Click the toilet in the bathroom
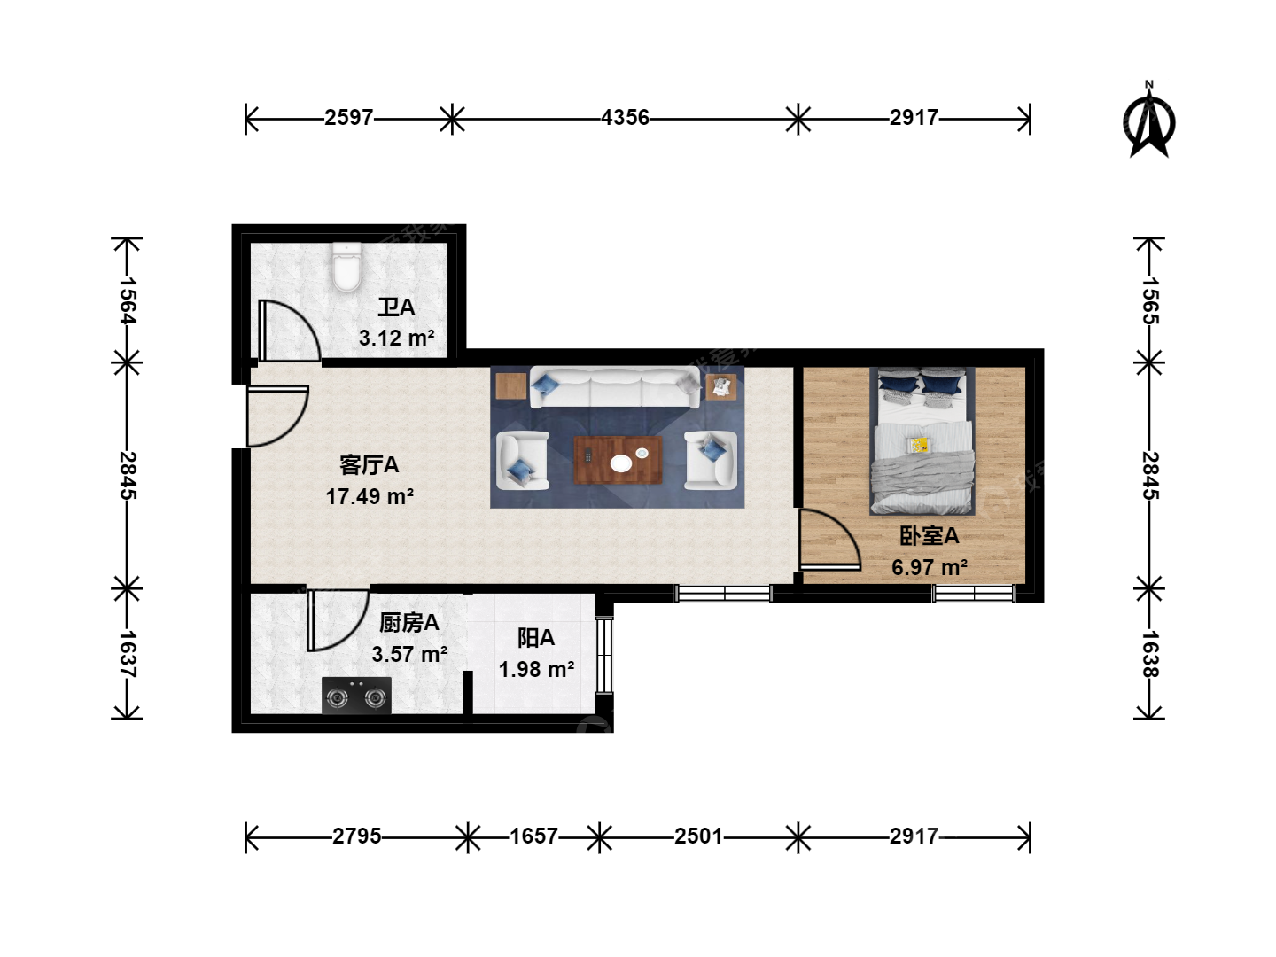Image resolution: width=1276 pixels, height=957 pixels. [x=346, y=268]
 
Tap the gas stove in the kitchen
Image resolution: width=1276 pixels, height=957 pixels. [x=356, y=695]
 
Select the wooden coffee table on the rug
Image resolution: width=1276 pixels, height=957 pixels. [x=618, y=460]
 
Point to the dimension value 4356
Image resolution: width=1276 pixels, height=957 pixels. [x=625, y=118]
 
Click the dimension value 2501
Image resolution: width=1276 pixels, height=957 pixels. [x=698, y=836]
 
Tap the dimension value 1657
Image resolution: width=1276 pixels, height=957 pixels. [x=533, y=836]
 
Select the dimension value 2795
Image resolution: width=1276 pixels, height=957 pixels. [x=357, y=836]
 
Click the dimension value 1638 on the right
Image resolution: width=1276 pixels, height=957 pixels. [x=1150, y=654]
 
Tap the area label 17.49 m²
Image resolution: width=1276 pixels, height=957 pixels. [x=370, y=497]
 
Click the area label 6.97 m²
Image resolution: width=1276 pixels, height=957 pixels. [x=930, y=567]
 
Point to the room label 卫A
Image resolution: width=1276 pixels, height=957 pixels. [x=396, y=307]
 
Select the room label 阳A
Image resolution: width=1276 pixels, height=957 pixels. [x=536, y=638]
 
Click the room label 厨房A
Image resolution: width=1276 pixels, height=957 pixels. [x=409, y=623]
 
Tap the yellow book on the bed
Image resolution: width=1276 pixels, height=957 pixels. [x=920, y=445]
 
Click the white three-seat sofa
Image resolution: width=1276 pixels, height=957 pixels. [x=616, y=387]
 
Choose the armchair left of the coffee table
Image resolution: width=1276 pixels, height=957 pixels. [x=522, y=460]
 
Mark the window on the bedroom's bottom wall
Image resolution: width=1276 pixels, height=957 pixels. [x=974, y=594]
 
